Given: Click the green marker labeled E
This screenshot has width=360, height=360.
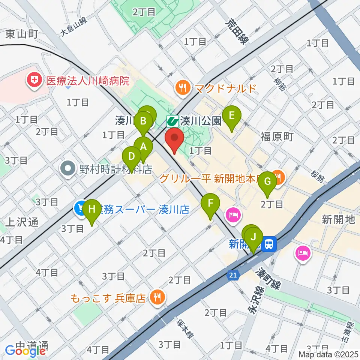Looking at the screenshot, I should (x=231, y=116).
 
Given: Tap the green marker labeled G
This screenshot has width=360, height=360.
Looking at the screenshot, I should (x=267, y=181).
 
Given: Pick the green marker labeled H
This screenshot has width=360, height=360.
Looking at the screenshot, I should (x=92, y=210).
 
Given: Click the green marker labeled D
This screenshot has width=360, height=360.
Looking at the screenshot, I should (x=132, y=157).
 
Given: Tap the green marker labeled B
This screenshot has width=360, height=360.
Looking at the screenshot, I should (x=143, y=121).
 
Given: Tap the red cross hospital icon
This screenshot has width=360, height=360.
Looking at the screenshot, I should (x=34, y=80).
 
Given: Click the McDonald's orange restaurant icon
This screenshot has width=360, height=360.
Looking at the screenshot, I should (x=183, y=88).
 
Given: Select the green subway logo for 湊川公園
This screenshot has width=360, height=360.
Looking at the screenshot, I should (x=172, y=120).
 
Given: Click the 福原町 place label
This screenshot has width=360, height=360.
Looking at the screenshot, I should (x=277, y=136).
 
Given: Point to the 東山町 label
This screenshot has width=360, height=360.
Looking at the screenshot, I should (x=22, y=34).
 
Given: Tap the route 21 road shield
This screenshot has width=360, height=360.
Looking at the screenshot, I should (x=233, y=276).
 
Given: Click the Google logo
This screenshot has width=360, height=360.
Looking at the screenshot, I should (x=25, y=351).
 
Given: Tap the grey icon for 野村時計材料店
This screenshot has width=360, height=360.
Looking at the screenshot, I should (x=69, y=169).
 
